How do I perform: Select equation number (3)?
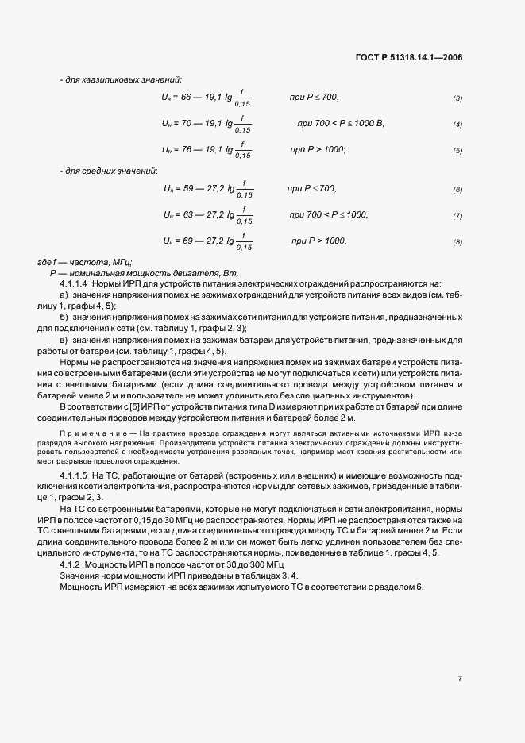click(x=457, y=98)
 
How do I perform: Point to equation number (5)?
click(x=457, y=151)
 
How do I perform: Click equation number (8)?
click(x=457, y=242)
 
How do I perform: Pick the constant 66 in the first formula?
click(x=187, y=97)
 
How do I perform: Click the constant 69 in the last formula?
click(x=190, y=241)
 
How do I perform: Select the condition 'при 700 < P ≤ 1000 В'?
click(x=340, y=124)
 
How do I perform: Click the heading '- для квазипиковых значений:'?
click(x=121, y=79)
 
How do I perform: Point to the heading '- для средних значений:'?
click(x=109, y=171)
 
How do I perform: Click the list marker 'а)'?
click(x=64, y=295)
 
